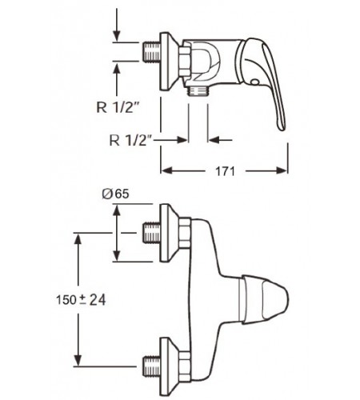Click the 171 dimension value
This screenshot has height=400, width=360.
point(225,171)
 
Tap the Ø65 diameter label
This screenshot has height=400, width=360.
point(115,194)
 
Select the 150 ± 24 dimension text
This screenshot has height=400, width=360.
point(81,300)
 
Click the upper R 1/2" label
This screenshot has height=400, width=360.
point(118,107)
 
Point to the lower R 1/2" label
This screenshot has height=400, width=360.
point(131,140)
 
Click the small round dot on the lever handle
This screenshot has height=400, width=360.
point(254,82)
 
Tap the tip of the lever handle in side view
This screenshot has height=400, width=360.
point(282,130)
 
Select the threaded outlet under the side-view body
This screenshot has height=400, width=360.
point(198,91)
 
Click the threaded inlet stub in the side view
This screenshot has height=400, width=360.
point(152,51)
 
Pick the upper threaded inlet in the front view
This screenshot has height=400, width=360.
point(152,233)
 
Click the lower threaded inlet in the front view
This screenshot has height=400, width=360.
point(152,366)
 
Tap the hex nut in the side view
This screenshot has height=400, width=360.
point(185,62)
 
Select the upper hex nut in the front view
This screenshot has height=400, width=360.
point(185,233)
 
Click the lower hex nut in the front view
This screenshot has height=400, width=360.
point(185,366)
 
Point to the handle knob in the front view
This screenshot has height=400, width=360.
point(265,299)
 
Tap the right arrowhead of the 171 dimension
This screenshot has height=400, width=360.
point(282,170)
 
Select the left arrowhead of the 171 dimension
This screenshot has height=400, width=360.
point(167,170)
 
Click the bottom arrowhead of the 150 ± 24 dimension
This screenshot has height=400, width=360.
point(78,360)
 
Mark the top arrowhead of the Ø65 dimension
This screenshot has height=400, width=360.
point(117,210)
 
